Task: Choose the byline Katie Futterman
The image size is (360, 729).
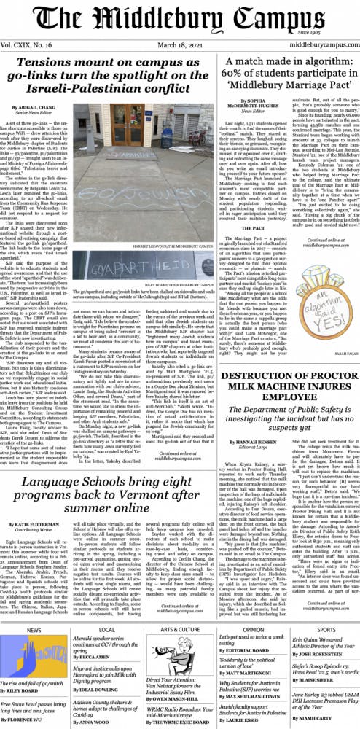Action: click(x=39, y=523)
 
